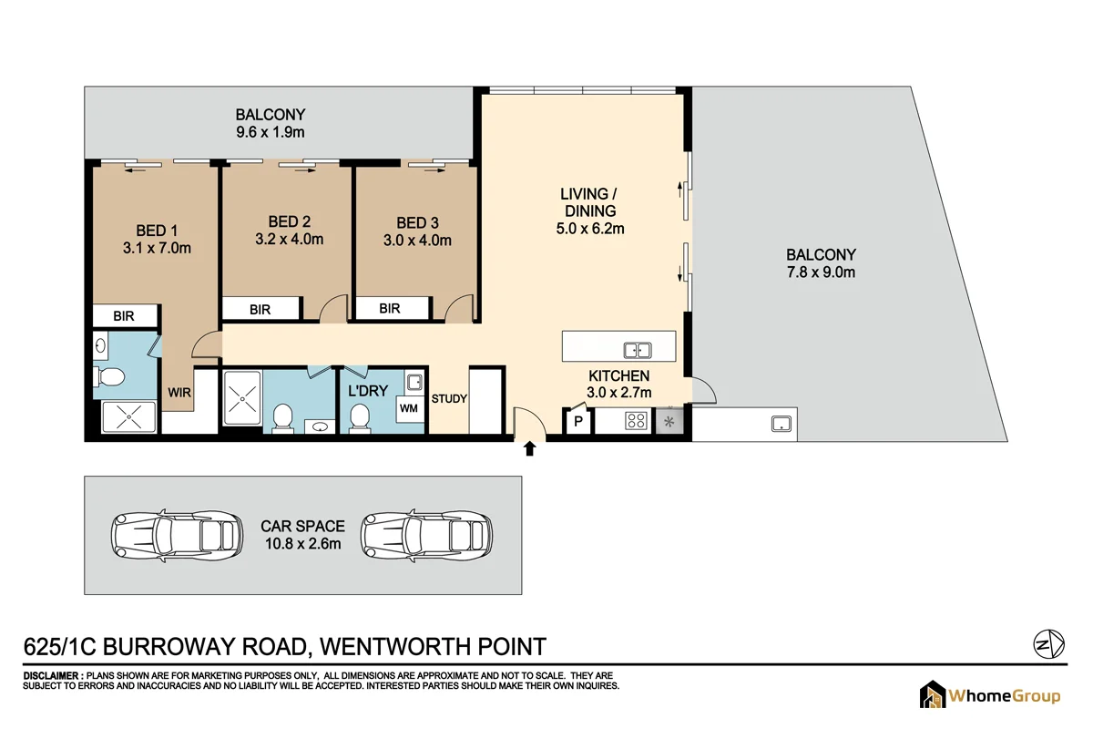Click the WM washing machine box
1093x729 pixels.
409,408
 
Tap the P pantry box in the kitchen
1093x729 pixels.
577,422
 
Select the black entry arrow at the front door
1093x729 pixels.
530,447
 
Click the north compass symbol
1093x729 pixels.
1046,643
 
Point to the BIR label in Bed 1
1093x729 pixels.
124,316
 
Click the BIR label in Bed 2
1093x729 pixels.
260,310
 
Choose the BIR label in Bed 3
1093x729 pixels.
390,309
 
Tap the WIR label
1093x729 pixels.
179,393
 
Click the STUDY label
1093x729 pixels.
448,398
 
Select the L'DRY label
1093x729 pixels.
369,391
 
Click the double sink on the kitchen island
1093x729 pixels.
638,349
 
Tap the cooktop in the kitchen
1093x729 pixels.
635,421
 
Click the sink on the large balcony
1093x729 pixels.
781,423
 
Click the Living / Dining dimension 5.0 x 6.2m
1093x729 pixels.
589,229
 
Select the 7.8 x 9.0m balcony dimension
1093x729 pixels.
821,272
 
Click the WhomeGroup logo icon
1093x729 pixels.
932,696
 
